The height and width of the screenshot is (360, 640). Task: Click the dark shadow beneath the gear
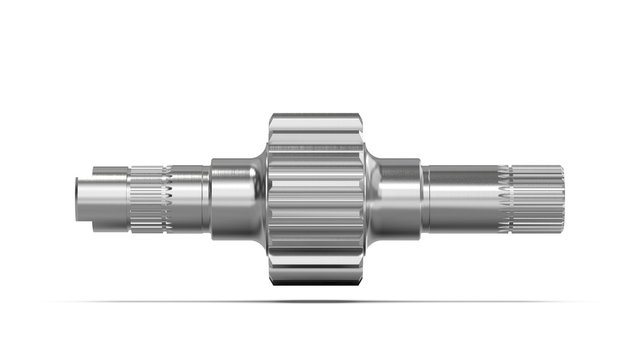pos(317,299)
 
